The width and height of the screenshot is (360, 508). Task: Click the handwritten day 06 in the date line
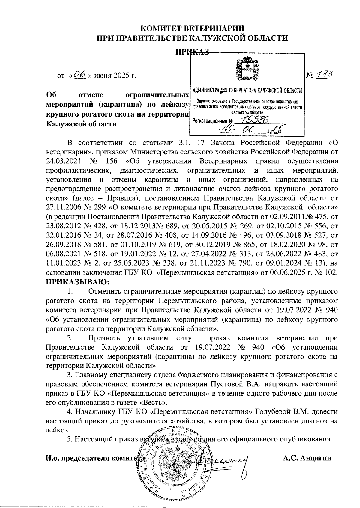[x=79, y=74]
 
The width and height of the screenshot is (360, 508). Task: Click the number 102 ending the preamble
[x=332, y=273]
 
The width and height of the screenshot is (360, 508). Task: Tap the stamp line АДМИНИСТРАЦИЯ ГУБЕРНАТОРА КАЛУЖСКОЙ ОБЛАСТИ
[x=247, y=90]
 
